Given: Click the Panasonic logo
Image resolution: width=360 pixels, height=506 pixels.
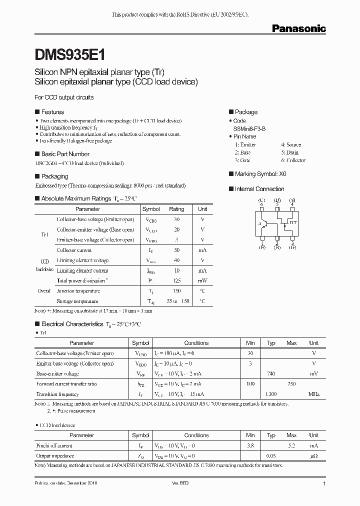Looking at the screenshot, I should pos(298,29).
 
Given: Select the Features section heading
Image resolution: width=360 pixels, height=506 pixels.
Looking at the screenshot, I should pos(52,112).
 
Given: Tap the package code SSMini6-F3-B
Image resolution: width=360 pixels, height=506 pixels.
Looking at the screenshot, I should pos(249,128).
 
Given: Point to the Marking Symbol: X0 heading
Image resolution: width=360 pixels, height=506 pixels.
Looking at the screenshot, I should pos(260,174).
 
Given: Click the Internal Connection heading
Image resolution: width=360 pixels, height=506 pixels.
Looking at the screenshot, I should pos(259,189).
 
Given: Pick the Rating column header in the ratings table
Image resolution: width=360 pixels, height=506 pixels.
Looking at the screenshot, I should pos(176,209).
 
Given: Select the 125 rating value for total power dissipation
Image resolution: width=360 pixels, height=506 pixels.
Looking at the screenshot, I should pos(176,280).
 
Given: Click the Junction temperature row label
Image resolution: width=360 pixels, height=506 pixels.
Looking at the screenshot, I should pos(78,291).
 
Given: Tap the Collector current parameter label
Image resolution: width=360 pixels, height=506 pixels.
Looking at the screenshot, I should pos(74,250).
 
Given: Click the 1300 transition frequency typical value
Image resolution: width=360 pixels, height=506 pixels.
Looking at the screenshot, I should pos(271,394).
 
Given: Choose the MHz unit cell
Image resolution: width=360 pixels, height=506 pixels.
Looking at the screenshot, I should pos(313,394).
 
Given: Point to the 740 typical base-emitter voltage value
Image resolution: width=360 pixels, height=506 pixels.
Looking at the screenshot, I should pos(271,373).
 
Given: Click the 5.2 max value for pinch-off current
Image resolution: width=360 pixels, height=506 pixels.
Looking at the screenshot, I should pos(291,445).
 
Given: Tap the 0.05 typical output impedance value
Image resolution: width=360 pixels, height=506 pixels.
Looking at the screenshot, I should pos(271,456).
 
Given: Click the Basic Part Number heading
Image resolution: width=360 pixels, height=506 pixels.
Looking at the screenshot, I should pos(65,154).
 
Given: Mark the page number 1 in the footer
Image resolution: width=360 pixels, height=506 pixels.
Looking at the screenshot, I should pos(324,484).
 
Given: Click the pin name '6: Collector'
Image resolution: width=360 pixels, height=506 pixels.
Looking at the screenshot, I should pos(293,160).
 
